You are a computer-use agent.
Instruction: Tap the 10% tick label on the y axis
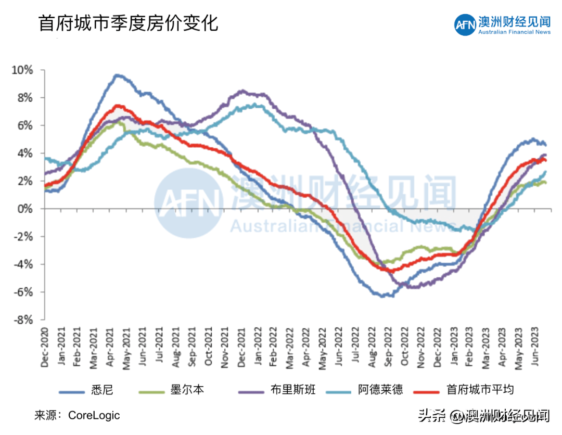click(x=23, y=70)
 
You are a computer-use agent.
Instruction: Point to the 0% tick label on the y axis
click(x=26, y=209)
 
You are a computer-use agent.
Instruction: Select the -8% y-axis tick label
click(x=24, y=320)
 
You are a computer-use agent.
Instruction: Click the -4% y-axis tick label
click(x=24, y=264)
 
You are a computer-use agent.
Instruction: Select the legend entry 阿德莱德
click(x=380, y=390)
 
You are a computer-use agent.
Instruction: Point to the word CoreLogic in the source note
click(x=94, y=415)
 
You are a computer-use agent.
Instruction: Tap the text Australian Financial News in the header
click(x=514, y=32)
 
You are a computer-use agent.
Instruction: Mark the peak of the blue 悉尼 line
click(x=117, y=75)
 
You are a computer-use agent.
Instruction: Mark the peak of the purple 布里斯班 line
click(x=241, y=91)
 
